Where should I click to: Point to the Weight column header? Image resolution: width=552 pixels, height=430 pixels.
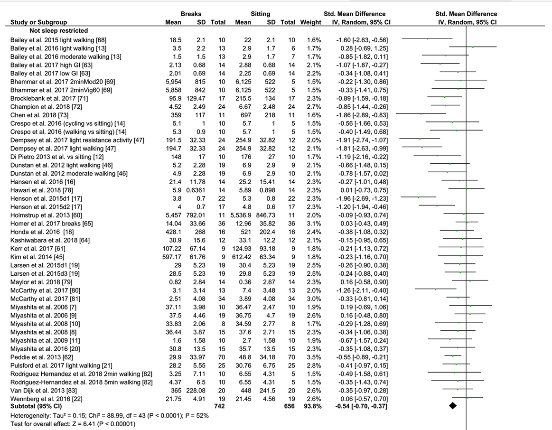(310, 22)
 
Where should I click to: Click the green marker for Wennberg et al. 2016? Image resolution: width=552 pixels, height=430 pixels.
(468, 398)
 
